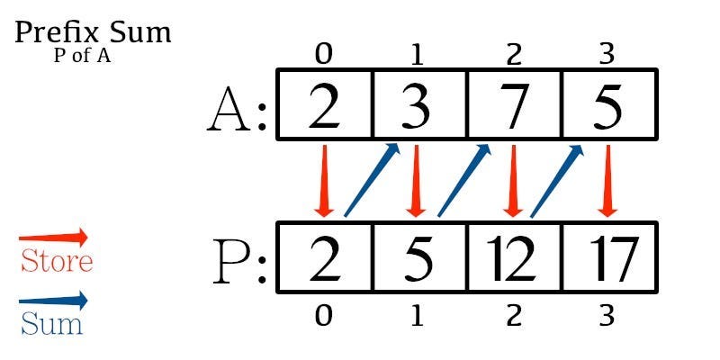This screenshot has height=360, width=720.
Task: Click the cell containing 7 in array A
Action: pos(514,106)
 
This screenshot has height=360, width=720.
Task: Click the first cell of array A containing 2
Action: pos(325,106)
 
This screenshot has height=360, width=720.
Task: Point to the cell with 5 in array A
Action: pos(607,106)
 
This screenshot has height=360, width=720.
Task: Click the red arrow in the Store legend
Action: pos(54,238)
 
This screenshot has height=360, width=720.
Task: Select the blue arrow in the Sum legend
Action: pos(54,300)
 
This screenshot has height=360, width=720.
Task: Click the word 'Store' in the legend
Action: pos(56,262)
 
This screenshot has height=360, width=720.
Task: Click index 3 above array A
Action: pos(607,56)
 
